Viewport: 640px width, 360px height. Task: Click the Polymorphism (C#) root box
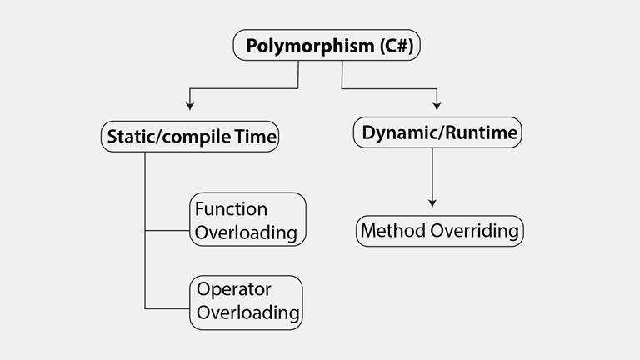pyautogui.click(x=325, y=46)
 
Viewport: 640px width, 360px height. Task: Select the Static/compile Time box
pyautogui.click(x=190, y=137)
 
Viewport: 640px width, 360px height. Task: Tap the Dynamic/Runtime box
pyautogui.click(x=438, y=132)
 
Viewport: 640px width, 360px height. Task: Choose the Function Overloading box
pyautogui.click(x=247, y=220)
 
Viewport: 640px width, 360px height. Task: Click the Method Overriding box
pyautogui.click(x=441, y=231)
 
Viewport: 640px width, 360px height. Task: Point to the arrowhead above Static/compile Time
pyautogui.click(x=190, y=106)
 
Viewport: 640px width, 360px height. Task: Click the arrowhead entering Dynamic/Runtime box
pyautogui.click(x=437, y=106)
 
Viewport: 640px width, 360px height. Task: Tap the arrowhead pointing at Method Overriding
pyautogui.click(x=432, y=202)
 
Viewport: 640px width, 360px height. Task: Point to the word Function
pyautogui.click(x=231, y=208)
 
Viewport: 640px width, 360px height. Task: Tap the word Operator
pyautogui.click(x=234, y=290)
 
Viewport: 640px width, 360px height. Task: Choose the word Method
pyautogui.click(x=393, y=231)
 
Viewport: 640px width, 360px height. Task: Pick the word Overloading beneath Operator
pyautogui.click(x=247, y=313)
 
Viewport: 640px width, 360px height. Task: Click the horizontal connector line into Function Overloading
pyautogui.click(x=167, y=230)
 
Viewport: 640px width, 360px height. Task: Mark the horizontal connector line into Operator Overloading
pyautogui.click(x=167, y=309)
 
